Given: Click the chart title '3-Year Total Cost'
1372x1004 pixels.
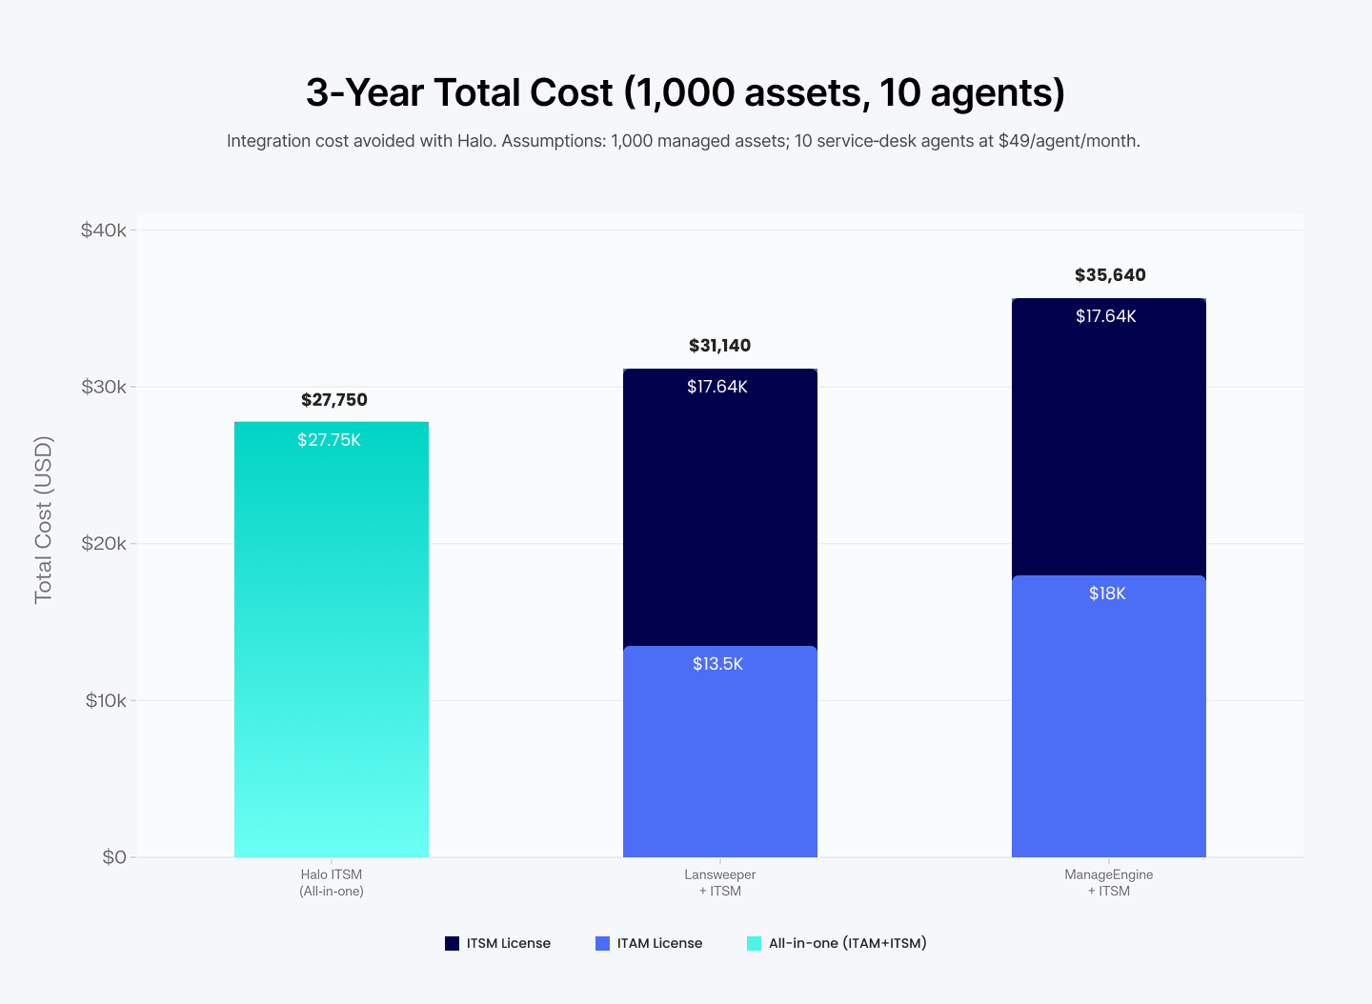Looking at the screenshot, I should click(x=685, y=92).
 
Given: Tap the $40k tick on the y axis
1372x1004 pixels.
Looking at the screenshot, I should click(x=103, y=231).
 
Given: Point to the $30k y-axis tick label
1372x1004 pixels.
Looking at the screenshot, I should click(x=103, y=387).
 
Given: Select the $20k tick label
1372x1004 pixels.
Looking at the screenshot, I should click(x=103, y=544).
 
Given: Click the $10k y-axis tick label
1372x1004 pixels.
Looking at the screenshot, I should click(x=105, y=701).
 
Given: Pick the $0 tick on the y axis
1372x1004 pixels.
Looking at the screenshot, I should click(x=113, y=857).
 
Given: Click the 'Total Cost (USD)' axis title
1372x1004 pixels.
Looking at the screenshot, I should click(x=44, y=520).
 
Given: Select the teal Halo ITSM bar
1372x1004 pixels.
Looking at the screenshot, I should click(x=332, y=648).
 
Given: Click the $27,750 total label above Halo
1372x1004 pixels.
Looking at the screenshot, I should click(x=333, y=400).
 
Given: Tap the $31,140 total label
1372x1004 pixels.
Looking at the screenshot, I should click(x=719, y=346).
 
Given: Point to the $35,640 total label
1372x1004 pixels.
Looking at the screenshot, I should click(x=1110, y=275).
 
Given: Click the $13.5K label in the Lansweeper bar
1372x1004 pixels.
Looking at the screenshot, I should click(x=717, y=664).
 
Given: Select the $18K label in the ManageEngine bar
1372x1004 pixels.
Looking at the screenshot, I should click(x=1107, y=593).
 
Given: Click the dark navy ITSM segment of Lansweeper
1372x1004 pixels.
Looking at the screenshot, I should click(x=719, y=514).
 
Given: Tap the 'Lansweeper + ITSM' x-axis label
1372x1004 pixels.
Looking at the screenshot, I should click(x=719, y=883).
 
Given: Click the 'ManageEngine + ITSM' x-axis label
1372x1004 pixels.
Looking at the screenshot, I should click(x=1108, y=883).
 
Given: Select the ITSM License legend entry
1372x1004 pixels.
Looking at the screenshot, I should click(x=498, y=943).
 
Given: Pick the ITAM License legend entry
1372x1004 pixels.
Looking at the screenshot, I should click(x=649, y=943).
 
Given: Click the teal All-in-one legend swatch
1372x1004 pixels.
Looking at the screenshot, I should click(x=754, y=943).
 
